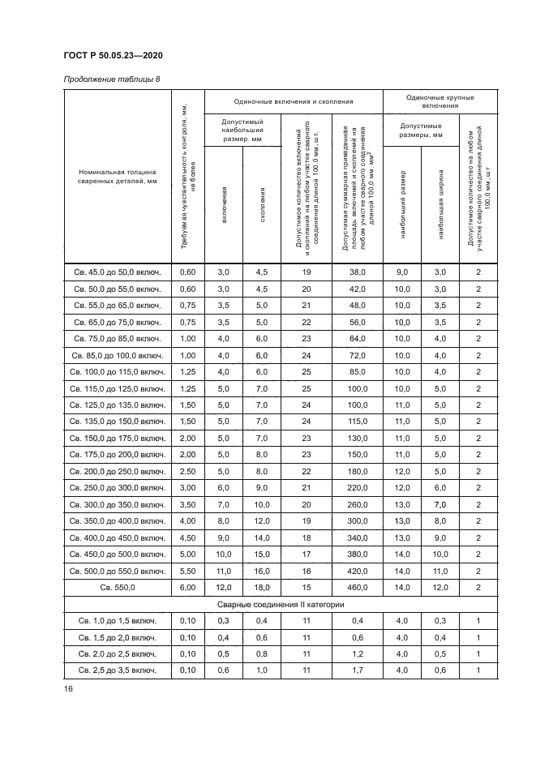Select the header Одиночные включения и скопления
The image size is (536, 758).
tap(294, 101)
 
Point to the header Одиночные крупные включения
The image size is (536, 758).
tap(440, 101)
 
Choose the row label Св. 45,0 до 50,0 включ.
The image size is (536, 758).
tap(117, 272)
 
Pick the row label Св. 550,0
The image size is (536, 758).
tap(117, 585)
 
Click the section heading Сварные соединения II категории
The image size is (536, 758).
tap(281, 605)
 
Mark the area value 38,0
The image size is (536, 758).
tap(358, 272)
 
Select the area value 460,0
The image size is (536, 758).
tap(358, 585)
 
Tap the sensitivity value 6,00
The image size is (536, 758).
tap(187, 585)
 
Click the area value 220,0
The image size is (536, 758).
tap(358, 486)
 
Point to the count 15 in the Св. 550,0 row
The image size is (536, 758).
tap(307, 585)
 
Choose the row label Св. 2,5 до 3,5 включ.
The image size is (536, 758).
tap(117, 670)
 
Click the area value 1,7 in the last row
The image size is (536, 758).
tap(358, 670)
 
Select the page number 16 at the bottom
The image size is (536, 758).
tap(68, 689)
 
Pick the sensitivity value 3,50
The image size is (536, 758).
tap(187, 503)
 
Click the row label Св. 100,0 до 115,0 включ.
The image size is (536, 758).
tap(117, 371)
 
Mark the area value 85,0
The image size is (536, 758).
tap(358, 371)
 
